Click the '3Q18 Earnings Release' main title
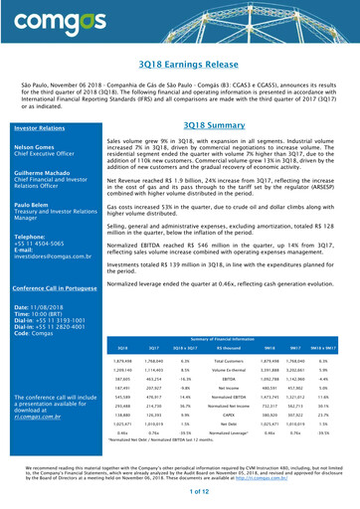coord(179,65)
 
